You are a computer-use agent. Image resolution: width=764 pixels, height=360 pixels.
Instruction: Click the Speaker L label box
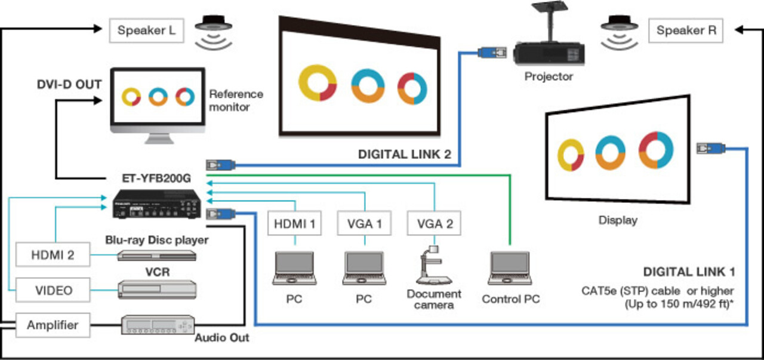(x=146, y=30)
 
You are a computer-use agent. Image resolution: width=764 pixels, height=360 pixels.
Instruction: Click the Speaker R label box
(x=686, y=30)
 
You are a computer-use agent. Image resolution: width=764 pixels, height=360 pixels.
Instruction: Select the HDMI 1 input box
(x=294, y=224)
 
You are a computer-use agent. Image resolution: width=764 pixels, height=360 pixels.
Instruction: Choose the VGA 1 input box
(x=364, y=224)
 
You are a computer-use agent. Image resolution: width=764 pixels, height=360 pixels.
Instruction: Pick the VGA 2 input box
(x=435, y=224)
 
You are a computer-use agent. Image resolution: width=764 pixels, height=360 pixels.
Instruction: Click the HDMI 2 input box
(x=54, y=255)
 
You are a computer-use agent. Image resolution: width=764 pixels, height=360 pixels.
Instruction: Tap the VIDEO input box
(x=54, y=290)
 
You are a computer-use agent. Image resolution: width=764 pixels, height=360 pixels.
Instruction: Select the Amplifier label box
(x=53, y=325)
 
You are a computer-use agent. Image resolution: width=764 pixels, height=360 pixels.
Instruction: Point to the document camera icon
(x=434, y=266)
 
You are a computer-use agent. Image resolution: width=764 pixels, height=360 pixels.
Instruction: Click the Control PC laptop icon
(x=509, y=269)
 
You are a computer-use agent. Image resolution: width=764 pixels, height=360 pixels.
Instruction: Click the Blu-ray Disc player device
(x=156, y=256)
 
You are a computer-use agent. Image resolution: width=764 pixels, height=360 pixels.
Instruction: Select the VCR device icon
(x=156, y=289)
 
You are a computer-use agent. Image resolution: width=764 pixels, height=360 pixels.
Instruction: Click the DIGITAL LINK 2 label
(x=405, y=154)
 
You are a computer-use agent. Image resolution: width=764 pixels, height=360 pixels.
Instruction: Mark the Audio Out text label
(x=222, y=338)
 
